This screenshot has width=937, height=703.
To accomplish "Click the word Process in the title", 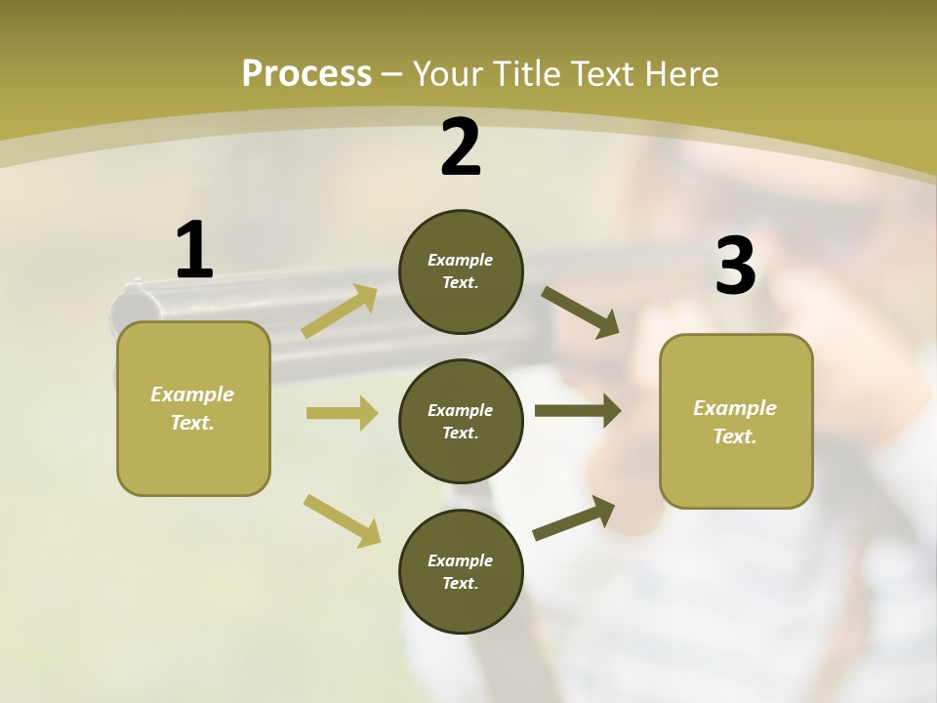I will pos(306,73).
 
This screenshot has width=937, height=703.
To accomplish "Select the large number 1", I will pos(194,251).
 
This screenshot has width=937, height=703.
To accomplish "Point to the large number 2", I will pos(461,148).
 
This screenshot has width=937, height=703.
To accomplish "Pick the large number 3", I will pos(735,266).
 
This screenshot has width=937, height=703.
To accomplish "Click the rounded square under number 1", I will pos(193,408).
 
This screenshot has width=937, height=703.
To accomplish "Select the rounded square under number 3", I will pos(736,421).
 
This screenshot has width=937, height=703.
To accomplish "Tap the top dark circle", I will pos(461,271).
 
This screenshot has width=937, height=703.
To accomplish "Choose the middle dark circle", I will pos(461,421).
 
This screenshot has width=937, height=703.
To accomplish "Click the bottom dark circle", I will pos(461,571).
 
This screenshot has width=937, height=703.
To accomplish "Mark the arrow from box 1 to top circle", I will pos(340,311).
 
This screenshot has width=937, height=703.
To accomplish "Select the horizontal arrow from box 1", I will pos(341,413).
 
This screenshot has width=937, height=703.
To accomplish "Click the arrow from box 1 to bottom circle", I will pos(342,519).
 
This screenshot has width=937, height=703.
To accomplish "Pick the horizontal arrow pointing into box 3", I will pos(577,411).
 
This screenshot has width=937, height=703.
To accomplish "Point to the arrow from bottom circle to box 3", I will pos(574,518).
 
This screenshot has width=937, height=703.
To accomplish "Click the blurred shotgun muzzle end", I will pos(135,302).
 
